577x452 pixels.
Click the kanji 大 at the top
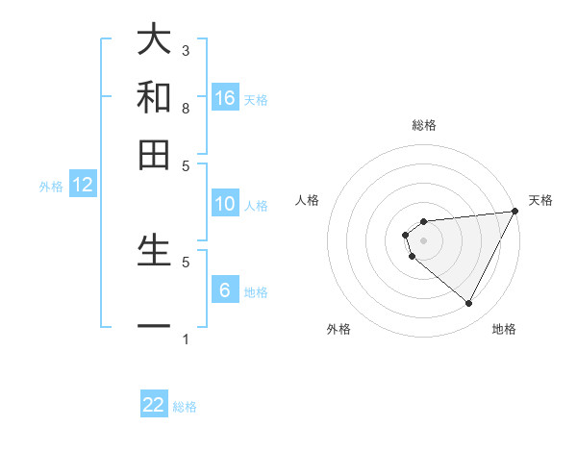click(x=154, y=40)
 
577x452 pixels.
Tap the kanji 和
click(x=154, y=96)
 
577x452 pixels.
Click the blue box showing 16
click(x=225, y=97)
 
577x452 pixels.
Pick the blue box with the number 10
click(x=225, y=204)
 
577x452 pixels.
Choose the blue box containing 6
click(x=225, y=290)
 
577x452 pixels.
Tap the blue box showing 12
click(x=83, y=186)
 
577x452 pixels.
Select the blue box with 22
click(x=154, y=405)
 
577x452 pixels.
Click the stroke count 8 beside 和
click(x=186, y=109)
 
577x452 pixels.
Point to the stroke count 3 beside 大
click(x=186, y=50)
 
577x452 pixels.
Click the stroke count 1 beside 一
click(x=186, y=339)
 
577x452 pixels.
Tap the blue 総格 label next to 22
click(x=185, y=407)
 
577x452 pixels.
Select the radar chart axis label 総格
click(x=423, y=125)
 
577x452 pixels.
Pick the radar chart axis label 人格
click(x=308, y=200)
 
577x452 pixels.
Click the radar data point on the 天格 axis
click(x=514, y=212)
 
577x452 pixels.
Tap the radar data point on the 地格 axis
click(x=468, y=304)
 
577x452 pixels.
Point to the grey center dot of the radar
click(x=423, y=239)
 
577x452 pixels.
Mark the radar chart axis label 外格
click(x=339, y=329)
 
